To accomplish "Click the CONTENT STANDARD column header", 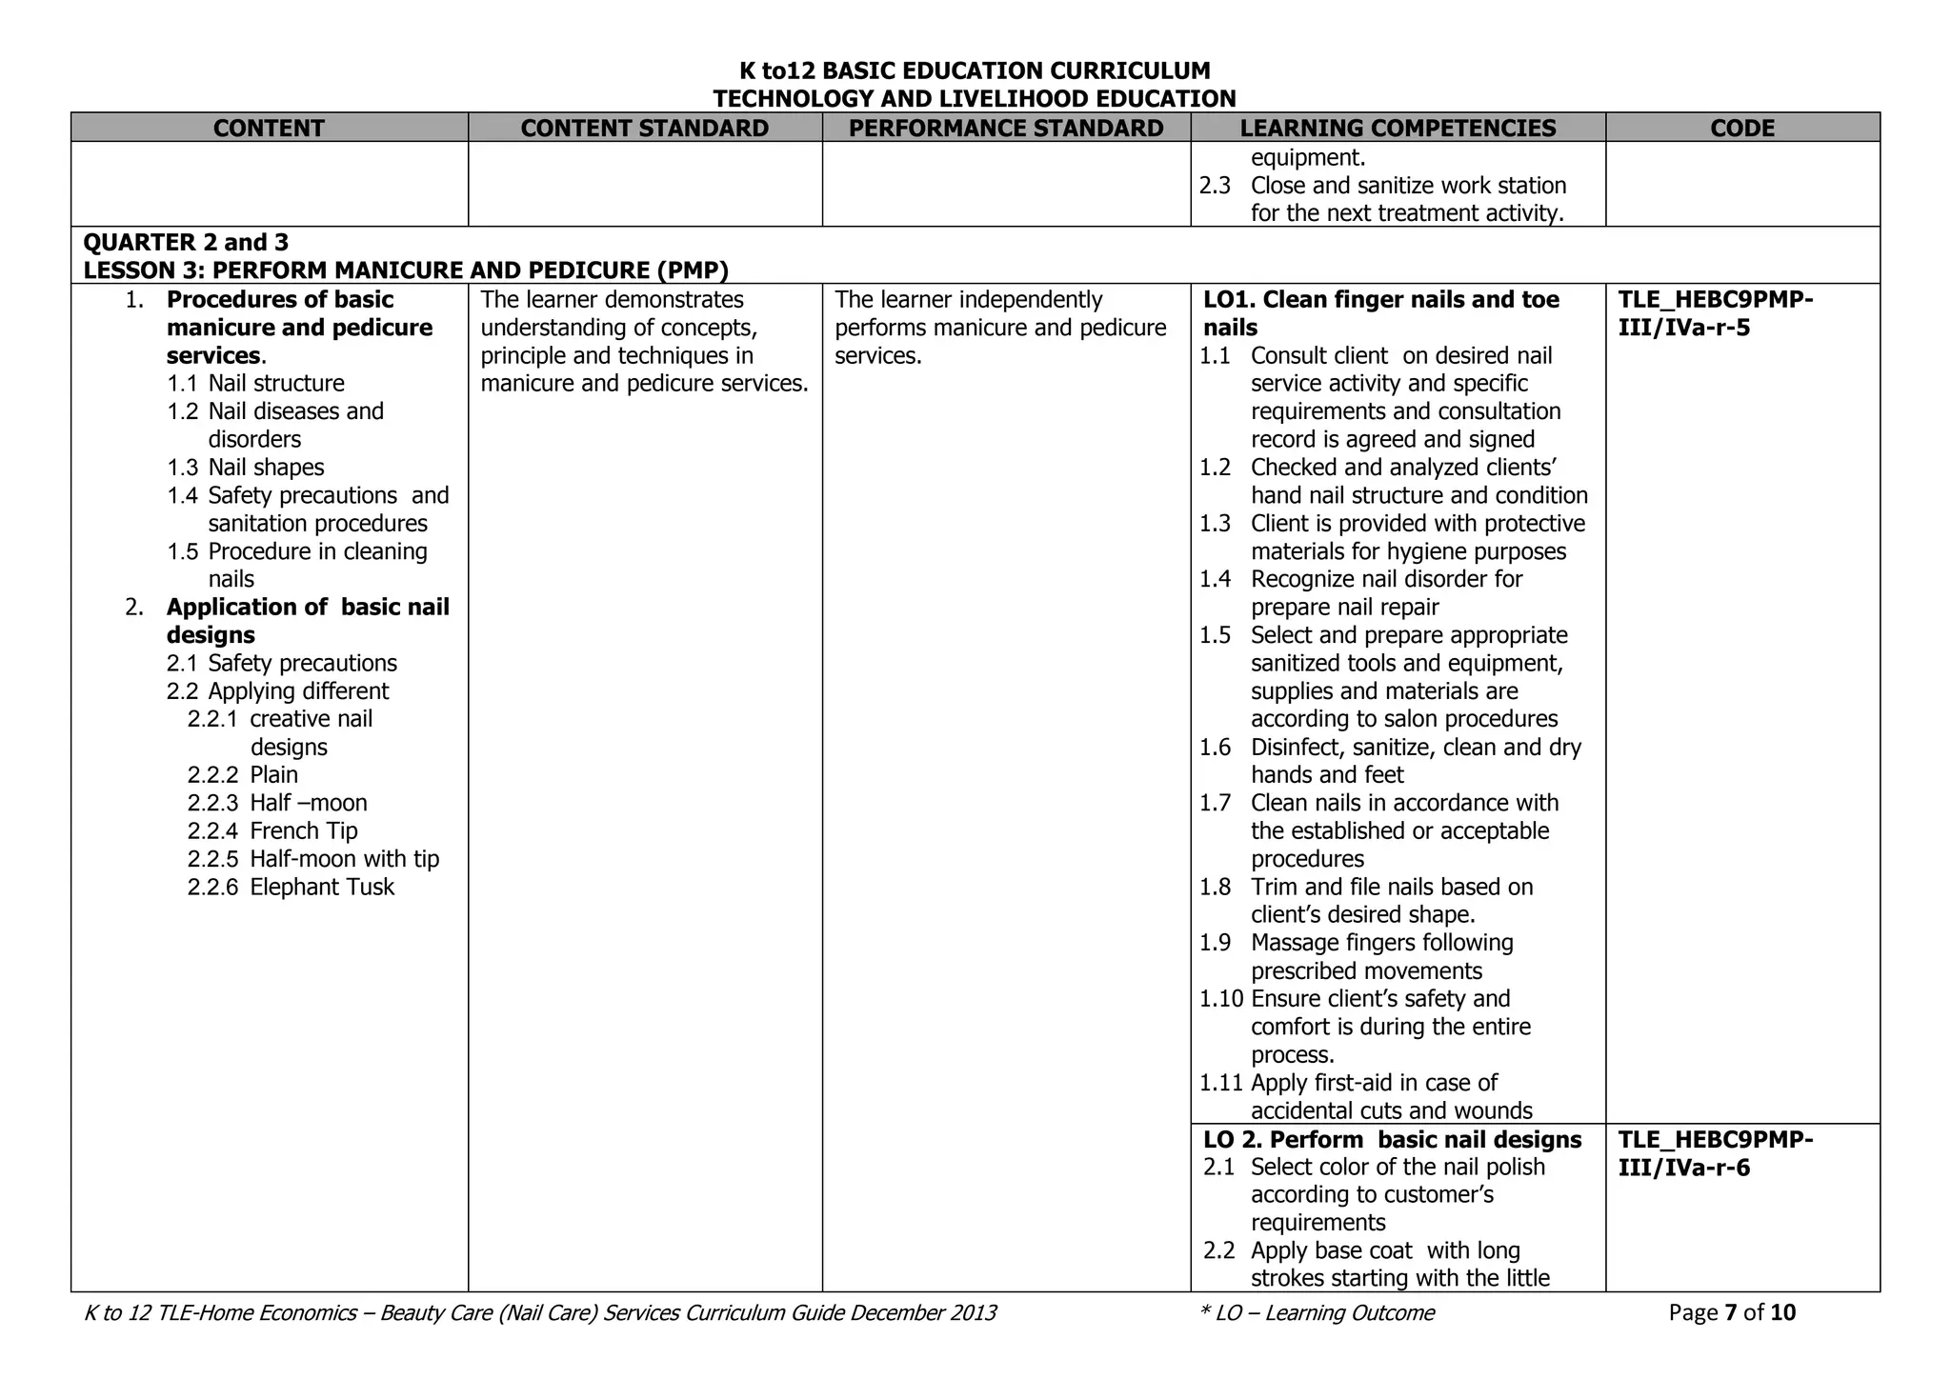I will [x=644, y=128].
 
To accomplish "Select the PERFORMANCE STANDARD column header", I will [x=1006, y=128].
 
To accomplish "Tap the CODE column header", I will [x=1742, y=128].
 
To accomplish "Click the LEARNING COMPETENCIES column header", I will [x=1398, y=128].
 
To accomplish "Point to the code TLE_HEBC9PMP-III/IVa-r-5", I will [x=1715, y=313].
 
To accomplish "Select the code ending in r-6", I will [x=1715, y=1153].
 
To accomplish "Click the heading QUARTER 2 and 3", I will [x=186, y=242].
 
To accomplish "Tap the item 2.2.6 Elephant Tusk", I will [x=291, y=887].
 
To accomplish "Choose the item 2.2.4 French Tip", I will [x=272, y=830].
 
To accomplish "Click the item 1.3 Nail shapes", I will [x=246, y=467].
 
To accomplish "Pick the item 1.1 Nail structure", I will [x=255, y=383].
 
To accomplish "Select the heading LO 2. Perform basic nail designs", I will [x=1392, y=1139].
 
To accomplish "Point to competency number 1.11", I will [x=1221, y=1083].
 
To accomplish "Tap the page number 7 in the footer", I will [x=1730, y=1312].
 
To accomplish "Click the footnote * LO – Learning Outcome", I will [x=1317, y=1312].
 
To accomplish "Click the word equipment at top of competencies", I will [x=1307, y=158].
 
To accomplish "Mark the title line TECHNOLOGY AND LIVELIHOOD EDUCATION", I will [x=974, y=98].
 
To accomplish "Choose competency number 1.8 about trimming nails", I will [x=1215, y=887].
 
